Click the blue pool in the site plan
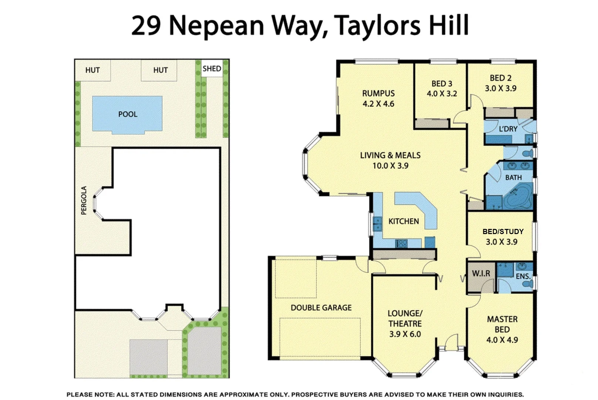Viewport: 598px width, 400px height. (x=127, y=114)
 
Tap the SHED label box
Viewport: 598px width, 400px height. (x=212, y=69)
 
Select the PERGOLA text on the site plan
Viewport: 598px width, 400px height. (x=84, y=200)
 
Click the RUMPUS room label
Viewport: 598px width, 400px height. (x=378, y=93)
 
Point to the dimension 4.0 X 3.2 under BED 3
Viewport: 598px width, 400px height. (x=442, y=94)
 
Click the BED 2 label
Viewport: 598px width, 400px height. (x=500, y=78)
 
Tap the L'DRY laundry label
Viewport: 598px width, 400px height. (x=508, y=129)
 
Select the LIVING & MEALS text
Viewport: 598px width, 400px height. (x=390, y=155)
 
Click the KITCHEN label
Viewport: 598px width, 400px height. (x=403, y=221)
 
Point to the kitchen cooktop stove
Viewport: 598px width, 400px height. (x=402, y=243)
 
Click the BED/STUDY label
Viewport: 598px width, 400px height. (x=503, y=231)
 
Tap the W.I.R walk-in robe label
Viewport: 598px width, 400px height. (x=481, y=273)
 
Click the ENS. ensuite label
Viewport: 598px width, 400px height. (x=523, y=276)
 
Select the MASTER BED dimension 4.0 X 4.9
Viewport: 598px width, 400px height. (x=502, y=340)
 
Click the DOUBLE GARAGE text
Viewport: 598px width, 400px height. (x=321, y=307)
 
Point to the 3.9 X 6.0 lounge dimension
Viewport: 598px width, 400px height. (x=405, y=334)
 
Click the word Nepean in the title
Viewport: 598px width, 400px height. (x=216, y=26)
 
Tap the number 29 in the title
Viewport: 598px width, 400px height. (x=146, y=26)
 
